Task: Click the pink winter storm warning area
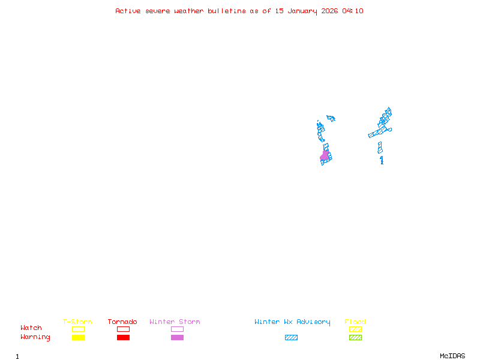point(325,156)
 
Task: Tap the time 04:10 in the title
point(353,11)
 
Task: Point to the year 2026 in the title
point(329,11)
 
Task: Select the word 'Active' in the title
point(128,11)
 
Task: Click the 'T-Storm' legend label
point(77,322)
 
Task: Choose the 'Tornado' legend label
point(122,322)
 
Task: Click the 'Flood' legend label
point(355,322)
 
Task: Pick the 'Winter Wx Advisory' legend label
point(292,322)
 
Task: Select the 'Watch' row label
point(31,328)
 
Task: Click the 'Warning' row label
point(35,337)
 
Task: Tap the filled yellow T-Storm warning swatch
point(78,338)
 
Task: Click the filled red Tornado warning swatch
point(123,338)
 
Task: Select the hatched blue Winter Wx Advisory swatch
point(291,338)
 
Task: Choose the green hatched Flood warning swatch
point(355,338)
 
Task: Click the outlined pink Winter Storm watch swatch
point(177,329)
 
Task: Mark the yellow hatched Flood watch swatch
point(355,329)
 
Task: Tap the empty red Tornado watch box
point(123,329)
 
